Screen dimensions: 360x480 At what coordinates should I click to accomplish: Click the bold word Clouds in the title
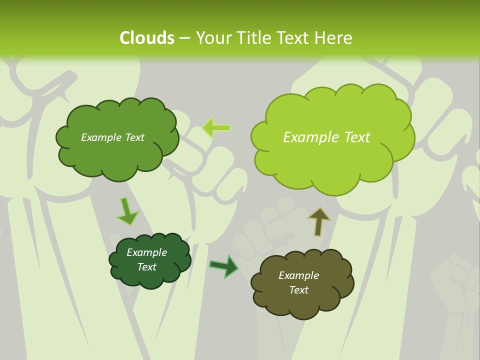[146, 38]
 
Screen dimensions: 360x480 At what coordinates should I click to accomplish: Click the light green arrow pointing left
[216, 127]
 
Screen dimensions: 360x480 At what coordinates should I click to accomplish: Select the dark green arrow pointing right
[224, 266]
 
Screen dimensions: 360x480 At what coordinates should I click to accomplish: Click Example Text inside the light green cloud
[326, 137]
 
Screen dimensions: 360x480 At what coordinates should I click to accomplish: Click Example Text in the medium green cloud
[112, 137]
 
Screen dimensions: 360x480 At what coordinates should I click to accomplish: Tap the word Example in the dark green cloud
[146, 252]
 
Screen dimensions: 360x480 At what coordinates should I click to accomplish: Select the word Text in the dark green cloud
[146, 267]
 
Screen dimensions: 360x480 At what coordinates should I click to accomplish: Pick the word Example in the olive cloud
[298, 275]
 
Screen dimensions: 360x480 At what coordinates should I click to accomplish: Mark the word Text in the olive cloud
[298, 290]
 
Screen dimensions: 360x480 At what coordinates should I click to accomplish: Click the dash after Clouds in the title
[184, 38]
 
